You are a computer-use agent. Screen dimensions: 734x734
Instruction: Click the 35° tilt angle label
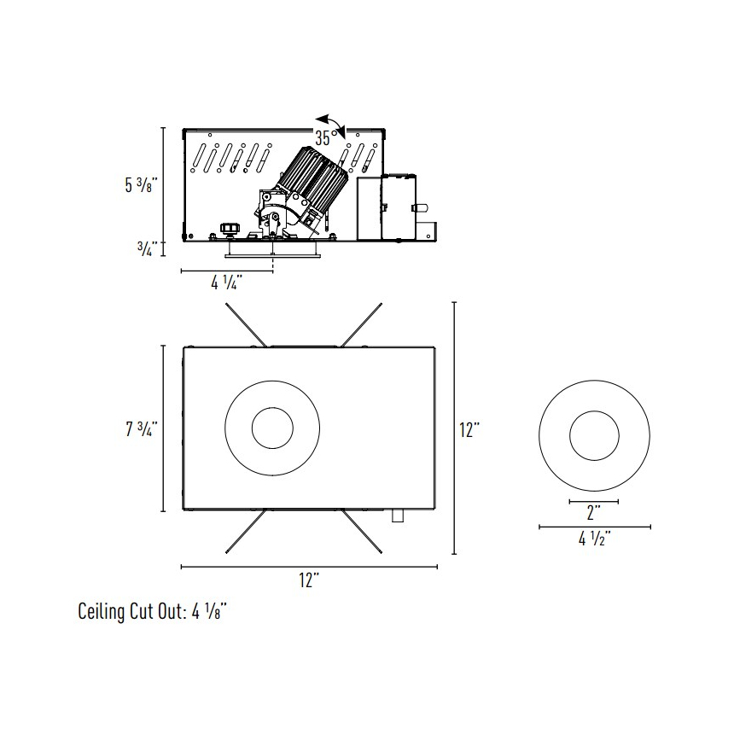click(x=326, y=138)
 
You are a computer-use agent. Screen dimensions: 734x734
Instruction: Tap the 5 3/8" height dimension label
click(x=139, y=185)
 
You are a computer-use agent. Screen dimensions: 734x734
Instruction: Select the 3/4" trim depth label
click(x=147, y=249)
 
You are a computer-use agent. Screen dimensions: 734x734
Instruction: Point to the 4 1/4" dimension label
click(x=226, y=283)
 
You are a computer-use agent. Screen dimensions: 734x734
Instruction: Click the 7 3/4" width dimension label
click(x=141, y=428)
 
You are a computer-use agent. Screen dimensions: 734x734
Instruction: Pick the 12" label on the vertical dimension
click(x=470, y=429)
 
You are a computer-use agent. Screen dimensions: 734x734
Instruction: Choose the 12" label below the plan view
click(x=310, y=580)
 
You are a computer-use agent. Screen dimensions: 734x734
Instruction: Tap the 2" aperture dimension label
click(x=593, y=513)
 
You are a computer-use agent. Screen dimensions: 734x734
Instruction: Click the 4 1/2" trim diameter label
click(x=595, y=539)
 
